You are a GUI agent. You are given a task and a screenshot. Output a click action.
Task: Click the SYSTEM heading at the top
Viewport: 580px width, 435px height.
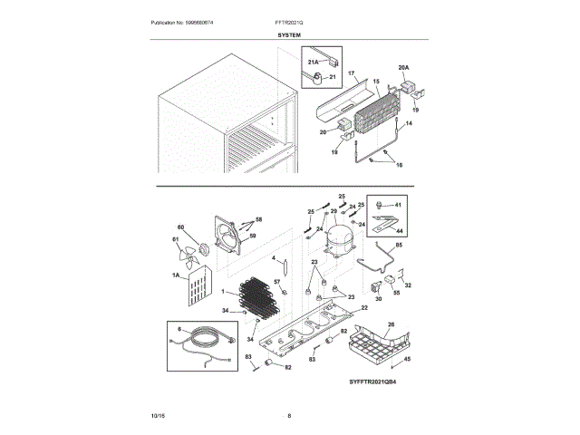(x=290, y=34)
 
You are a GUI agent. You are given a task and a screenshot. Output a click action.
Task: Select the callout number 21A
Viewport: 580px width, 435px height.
(x=314, y=62)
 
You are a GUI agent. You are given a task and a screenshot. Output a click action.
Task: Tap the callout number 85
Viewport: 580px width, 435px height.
(x=399, y=246)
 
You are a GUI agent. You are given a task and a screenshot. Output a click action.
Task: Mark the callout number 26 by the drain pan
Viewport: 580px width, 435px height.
(x=391, y=324)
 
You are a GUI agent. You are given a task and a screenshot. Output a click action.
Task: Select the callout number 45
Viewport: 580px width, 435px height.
(x=407, y=360)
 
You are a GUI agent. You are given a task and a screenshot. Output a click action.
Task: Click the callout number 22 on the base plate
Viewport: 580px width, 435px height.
(x=364, y=308)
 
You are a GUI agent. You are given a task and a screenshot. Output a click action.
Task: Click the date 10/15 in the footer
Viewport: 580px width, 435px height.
(x=159, y=415)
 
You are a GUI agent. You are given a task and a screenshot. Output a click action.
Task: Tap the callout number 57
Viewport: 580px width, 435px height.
(x=278, y=283)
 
